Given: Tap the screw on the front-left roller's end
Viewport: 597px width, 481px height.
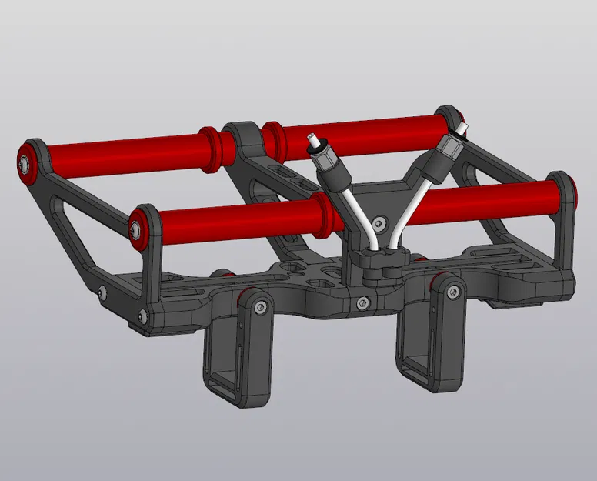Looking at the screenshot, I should click(137, 229).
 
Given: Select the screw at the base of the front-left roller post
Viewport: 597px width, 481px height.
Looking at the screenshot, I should click(142, 315).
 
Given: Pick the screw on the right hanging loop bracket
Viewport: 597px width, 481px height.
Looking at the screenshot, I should click(451, 291).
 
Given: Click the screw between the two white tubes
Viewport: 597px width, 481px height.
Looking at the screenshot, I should click(377, 224).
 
